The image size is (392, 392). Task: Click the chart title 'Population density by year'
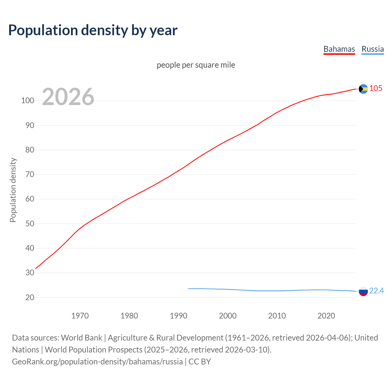pos(93,30)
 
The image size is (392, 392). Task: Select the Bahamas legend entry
pos(339,49)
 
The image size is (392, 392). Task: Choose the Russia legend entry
pos(372,49)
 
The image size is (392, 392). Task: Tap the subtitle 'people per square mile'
pos(196,65)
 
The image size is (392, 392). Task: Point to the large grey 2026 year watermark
pos(68,97)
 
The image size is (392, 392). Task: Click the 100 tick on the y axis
pos(28,100)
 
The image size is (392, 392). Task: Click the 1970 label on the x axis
pos(80,316)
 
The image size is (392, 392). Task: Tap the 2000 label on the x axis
pos(228,316)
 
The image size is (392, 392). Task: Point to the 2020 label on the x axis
pos(326,316)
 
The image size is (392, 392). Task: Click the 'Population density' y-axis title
pos(13,190)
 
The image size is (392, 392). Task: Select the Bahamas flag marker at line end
pos(363,89)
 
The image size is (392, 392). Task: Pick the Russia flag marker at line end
pos(363,291)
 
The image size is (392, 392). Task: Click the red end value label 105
pos(376,88)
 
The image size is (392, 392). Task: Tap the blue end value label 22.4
pos(376,291)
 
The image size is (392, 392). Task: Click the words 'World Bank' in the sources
pos(81,338)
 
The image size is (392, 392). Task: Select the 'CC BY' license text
pos(200,362)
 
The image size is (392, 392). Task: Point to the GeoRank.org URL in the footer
pos(97,362)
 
